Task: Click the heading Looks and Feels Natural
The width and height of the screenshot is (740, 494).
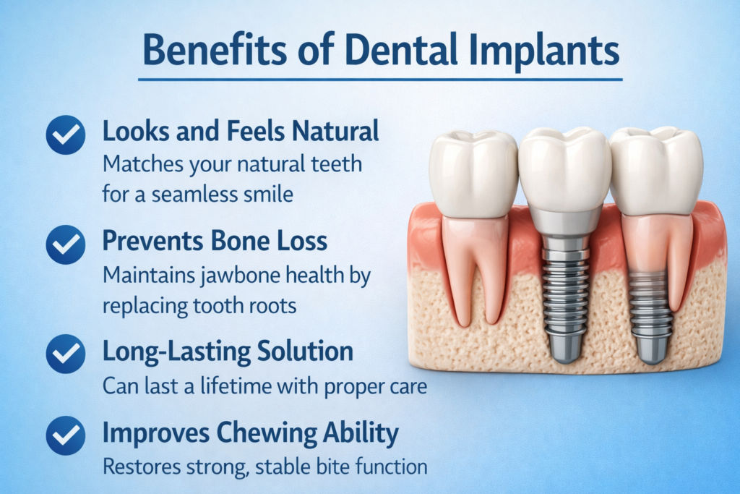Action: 241,132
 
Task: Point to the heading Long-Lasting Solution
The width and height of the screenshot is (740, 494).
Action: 228,352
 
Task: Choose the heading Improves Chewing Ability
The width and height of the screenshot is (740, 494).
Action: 250,434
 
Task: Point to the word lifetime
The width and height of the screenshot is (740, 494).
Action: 227,386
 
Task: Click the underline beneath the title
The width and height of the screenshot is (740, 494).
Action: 380,80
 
